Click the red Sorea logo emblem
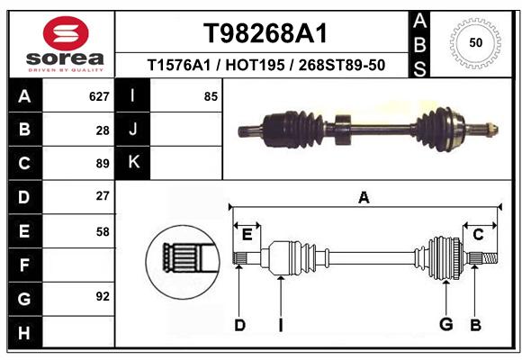coord(66,33)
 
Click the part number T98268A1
coord(265,33)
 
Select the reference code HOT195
coord(255,65)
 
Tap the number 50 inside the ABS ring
coord(475,42)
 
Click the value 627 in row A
coord(99,96)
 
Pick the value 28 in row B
coord(103,130)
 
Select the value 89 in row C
coord(103,164)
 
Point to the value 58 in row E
coord(103,232)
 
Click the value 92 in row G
coord(103,296)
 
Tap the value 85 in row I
coord(211,96)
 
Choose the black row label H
coord(25,332)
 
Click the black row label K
coord(133,163)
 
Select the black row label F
coord(25,265)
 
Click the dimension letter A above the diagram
coord(364,198)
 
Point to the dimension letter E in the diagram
coord(247,235)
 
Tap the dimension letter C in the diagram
coord(478,235)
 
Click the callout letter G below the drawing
coord(446,324)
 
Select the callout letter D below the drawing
coord(239,325)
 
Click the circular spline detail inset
coord(183,262)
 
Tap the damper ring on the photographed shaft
coord(343,130)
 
